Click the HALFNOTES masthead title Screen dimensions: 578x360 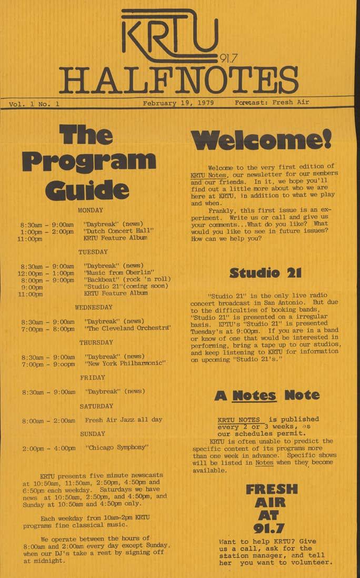tap(178, 80)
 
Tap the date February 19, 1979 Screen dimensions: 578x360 tap(178, 103)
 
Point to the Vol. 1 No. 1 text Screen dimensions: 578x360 tap(34, 104)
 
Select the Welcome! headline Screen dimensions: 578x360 tap(261, 139)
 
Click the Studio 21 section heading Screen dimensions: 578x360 tap(265, 272)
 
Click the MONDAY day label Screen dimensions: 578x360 tap(91, 210)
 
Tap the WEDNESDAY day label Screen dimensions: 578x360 tap(94, 307)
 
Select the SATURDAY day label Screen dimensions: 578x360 tap(96, 406)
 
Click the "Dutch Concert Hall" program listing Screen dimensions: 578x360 tap(118, 231)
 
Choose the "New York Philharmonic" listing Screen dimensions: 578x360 tap(125, 363)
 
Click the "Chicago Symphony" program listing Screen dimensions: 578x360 tap(117, 448)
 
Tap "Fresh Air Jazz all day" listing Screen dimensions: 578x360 tap(123, 420)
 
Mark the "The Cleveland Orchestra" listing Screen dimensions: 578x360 tap(127, 329)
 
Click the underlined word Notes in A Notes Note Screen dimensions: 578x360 tap(262, 396)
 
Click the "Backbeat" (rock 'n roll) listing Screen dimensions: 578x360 tap(127, 280)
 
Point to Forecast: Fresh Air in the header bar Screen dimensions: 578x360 tap(272, 103)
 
